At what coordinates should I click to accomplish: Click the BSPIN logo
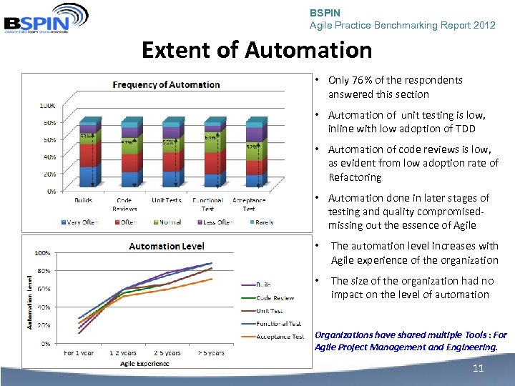(x=46, y=18)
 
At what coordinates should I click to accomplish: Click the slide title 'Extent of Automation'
(x=257, y=50)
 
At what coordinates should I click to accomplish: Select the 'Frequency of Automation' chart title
(x=167, y=84)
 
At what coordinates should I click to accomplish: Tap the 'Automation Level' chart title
(x=167, y=246)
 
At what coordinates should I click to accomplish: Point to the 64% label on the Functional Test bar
(x=211, y=137)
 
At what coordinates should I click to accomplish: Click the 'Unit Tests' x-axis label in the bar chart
(x=167, y=201)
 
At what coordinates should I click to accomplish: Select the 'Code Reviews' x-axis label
(x=124, y=204)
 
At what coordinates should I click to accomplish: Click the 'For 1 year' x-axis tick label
(x=79, y=352)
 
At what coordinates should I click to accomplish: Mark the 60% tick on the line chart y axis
(x=44, y=289)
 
